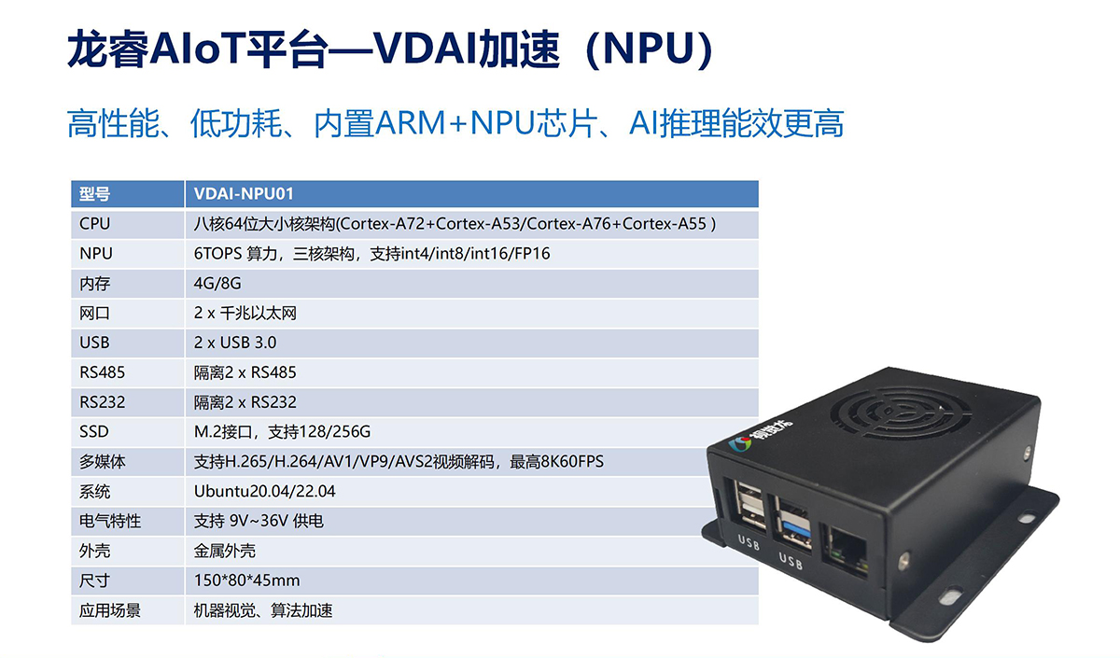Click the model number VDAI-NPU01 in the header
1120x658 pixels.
coord(244,193)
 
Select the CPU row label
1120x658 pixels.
coord(94,223)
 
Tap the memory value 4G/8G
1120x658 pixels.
coord(217,284)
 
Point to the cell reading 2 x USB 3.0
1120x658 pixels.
coord(235,343)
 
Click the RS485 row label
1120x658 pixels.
coord(102,372)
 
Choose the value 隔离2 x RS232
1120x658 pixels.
coord(245,402)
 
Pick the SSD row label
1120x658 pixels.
coord(94,431)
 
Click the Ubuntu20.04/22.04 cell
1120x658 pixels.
coord(264,491)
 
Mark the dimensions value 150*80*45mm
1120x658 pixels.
coord(247,581)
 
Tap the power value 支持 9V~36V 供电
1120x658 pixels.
coord(259,521)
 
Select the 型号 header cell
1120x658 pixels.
coord(94,193)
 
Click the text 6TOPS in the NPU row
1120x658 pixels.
coord(218,254)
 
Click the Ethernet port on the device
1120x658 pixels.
coord(847,549)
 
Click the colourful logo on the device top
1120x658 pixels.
coord(739,443)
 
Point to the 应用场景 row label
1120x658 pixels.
coord(110,610)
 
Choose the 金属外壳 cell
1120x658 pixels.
coord(225,551)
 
